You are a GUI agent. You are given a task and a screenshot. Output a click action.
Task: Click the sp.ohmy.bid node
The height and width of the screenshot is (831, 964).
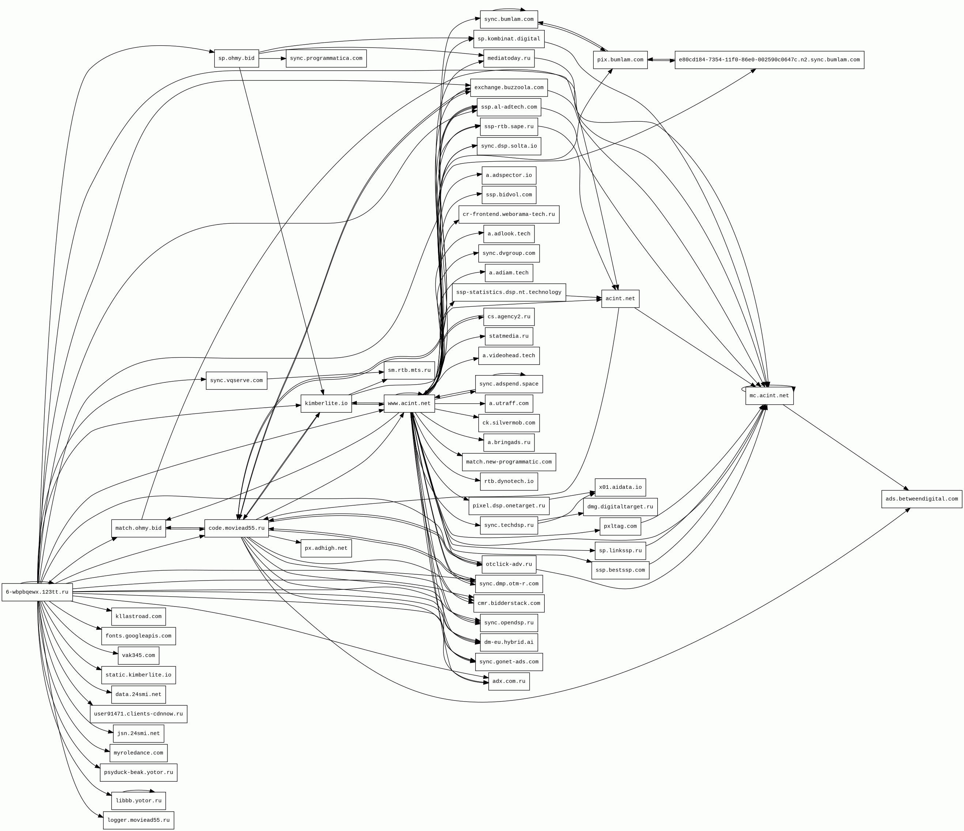point(237,58)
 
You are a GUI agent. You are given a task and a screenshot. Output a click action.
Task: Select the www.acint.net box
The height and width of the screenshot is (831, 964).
point(409,403)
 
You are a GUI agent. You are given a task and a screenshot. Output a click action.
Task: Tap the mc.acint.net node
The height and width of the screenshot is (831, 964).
point(769,396)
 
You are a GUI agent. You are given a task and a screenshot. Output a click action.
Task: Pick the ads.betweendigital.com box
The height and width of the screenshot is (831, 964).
point(921,499)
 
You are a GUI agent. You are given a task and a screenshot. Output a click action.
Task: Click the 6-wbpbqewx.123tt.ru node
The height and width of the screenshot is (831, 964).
point(37,592)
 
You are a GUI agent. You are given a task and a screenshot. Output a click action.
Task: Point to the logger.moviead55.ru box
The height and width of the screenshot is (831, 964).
point(138,820)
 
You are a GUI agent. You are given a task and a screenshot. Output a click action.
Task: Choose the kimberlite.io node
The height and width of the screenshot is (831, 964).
point(326,403)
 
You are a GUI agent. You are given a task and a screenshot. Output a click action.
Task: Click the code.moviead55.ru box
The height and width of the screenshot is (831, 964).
point(237,528)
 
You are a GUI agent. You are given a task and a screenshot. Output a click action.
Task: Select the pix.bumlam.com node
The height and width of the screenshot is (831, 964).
point(620,60)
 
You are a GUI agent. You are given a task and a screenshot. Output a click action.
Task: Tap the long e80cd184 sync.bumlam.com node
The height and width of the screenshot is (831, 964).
point(769,60)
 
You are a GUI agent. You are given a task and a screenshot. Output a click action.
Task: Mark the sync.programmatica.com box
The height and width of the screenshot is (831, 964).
point(326,58)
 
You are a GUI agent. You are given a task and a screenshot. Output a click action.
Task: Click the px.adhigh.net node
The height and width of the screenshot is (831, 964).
point(326,548)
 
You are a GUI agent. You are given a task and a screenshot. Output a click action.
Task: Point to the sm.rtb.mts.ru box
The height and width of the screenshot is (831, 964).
point(409,370)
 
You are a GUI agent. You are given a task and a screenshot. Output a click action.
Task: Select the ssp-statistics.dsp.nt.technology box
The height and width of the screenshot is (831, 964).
point(509,292)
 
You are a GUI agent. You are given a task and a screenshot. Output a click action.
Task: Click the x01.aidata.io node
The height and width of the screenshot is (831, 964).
point(620,487)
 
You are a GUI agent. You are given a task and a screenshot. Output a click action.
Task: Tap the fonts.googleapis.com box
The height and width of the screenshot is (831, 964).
point(138,635)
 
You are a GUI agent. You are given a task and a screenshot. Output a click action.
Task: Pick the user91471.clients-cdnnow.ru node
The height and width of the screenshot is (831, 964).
point(138,714)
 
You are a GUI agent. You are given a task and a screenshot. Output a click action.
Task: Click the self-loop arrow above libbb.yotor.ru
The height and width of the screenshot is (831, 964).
point(138,790)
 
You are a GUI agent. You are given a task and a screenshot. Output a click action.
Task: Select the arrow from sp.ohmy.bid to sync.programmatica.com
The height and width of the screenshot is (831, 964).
point(272,58)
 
